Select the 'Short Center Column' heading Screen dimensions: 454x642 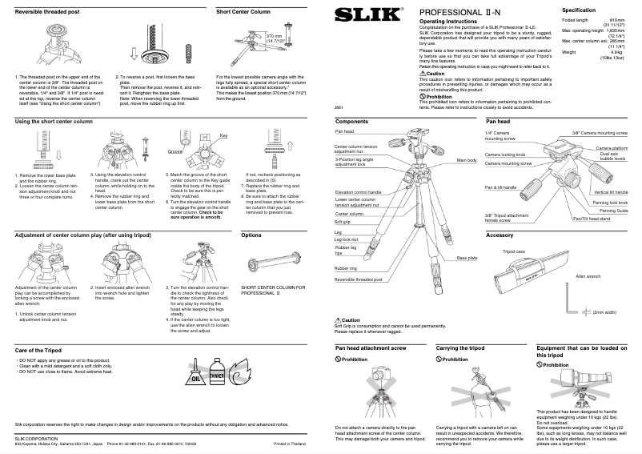pyautogui.click(x=243, y=14)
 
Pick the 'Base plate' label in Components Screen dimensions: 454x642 pyautogui.click(x=467, y=258)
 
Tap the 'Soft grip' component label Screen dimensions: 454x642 pyautogui.click(x=344, y=222)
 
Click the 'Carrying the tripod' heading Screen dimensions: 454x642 pyautogui.click(x=460, y=349)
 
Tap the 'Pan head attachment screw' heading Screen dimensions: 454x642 pyautogui.click(x=371, y=349)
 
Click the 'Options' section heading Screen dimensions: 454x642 pyautogui.click(x=252, y=235)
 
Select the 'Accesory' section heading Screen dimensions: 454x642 pyautogui.click(x=499, y=235)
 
